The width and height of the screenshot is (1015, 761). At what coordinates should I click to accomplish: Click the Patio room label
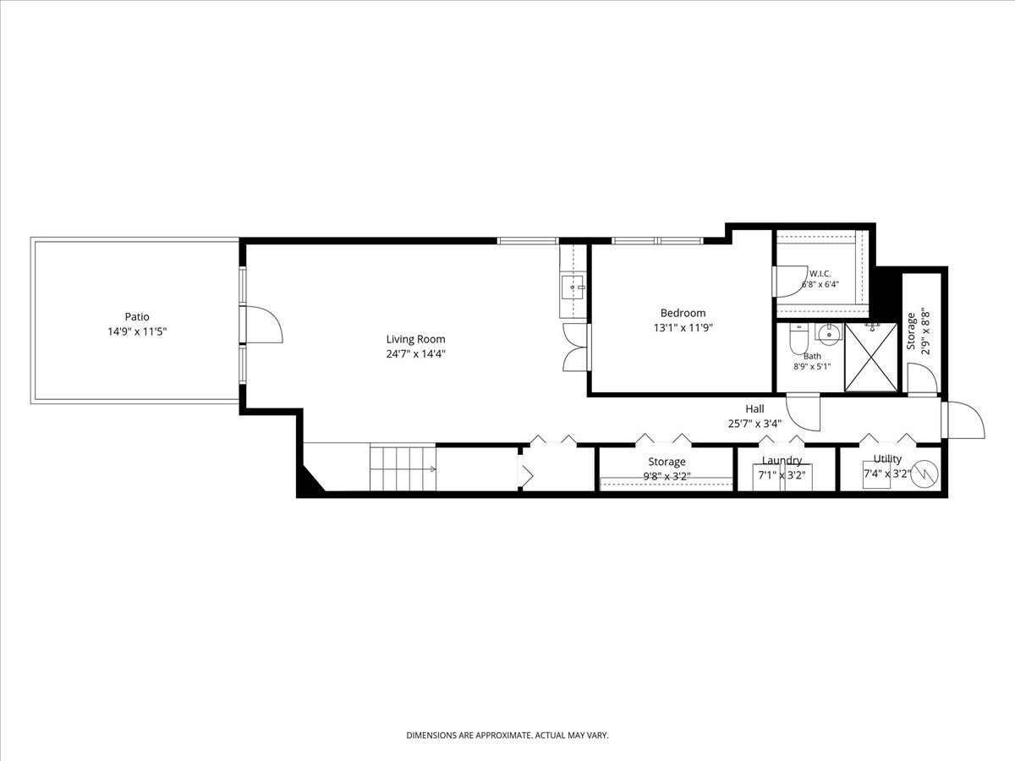137,316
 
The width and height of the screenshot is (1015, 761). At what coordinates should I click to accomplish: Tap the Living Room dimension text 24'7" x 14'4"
415,354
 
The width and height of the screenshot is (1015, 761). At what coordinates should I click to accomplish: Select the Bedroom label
683,313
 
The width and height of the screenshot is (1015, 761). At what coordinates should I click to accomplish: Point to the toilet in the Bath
798,338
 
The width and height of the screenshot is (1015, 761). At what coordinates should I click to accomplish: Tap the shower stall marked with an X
870,357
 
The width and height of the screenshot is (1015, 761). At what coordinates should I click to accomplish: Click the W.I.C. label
820,273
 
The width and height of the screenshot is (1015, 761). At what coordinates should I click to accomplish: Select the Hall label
754,408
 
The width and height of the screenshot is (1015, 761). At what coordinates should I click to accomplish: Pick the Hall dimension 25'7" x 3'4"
754,424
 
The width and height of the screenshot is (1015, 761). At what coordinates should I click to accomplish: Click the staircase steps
403,467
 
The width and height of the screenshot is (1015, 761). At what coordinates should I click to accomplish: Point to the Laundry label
782,460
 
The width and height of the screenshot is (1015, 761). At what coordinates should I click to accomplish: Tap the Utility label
887,458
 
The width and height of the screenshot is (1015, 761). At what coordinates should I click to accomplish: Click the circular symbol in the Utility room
924,474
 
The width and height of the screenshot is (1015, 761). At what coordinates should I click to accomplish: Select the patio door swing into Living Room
264,324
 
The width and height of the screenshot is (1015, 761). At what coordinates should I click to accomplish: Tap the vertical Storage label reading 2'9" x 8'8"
918,331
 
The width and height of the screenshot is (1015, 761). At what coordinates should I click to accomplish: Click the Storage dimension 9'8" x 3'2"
667,476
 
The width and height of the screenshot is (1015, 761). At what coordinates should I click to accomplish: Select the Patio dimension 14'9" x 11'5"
137,331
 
